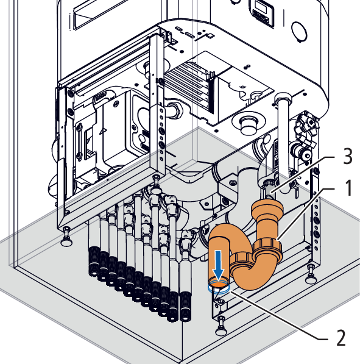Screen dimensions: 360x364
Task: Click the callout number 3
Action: point(347,156)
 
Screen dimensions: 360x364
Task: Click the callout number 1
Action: point(348,188)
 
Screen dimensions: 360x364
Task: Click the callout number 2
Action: point(341,338)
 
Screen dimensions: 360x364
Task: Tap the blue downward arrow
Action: point(219,265)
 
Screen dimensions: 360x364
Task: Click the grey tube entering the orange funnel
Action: point(270,191)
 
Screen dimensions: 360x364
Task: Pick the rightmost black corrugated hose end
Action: point(186,307)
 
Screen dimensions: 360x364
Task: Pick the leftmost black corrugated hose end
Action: point(94,262)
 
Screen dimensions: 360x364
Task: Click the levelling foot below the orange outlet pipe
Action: point(221,327)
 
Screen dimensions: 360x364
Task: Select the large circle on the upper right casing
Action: point(299,31)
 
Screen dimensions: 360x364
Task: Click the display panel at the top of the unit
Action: point(261,13)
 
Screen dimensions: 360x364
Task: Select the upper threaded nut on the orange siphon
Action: point(269,249)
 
